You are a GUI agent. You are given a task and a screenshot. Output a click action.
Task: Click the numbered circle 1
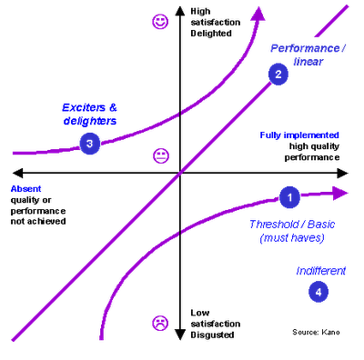click(x=288, y=195)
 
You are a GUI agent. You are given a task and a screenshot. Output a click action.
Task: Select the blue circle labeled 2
click(x=278, y=75)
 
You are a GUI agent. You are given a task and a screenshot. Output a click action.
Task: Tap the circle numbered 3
click(x=89, y=143)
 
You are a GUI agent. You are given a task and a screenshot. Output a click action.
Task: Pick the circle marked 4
click(x=318, y=291)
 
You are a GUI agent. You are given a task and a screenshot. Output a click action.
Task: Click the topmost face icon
click(x=161, y=21)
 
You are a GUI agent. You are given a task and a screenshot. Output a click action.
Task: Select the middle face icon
click(x=161, y=155)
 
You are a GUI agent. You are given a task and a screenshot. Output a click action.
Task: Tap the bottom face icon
click(x=160, y=322)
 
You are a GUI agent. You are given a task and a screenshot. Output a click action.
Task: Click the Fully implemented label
click(x=298, y=135)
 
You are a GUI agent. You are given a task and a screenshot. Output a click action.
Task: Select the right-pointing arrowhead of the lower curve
click(x=339, y=193)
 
